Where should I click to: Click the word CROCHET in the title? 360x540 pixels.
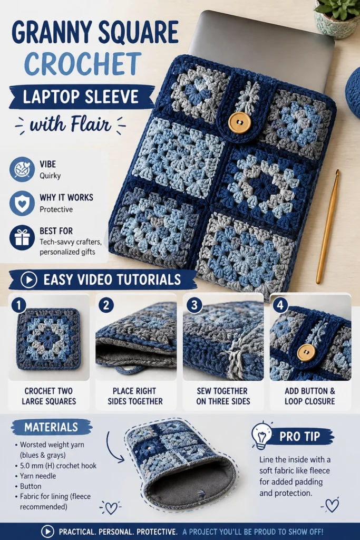pyautogui.click(x=83, y=64)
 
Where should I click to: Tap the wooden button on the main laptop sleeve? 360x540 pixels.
pyautogui.click(x=239, y=122)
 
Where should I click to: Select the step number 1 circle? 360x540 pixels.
pyautogui.click(x=18, y=305)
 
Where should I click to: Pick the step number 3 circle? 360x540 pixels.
pyautogui.click(x=194, y=305)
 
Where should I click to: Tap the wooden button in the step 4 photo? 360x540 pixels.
pyautogui.click(x=306, y=353)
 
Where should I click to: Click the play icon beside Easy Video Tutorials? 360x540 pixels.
pyautogui.click(x=29, y=280)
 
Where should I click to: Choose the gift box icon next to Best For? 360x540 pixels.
pyautogui.click(x=22, y=238)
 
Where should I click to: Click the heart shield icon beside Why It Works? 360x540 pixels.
pyautogui.click(x=22, y=203)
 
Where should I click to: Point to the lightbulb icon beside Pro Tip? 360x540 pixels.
pyautogui.click(x=261, y=435)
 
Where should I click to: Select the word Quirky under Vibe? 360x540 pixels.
pyautogui.click(x=50, y=176)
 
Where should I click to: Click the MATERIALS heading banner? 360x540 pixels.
pyautogui.click(x=52, y=427)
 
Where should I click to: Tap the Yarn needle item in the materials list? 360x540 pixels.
pyautogui.click(x=38, y=476)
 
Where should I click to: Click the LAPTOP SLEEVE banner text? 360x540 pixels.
pyautogui.click(x=81, y=97)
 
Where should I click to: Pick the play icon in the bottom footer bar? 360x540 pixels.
pyautogui.click(x=47, y=532)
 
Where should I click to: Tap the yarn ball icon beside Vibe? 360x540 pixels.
pyautogui.click(x=22, y=169)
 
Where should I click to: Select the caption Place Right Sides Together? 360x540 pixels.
pyautogui.click(x=135, y=396)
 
